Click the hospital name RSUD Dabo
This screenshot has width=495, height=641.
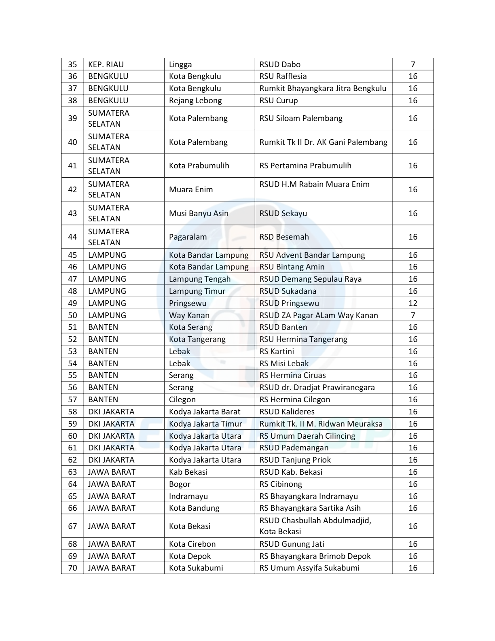coord(280,64)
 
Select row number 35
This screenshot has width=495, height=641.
coord(72,64)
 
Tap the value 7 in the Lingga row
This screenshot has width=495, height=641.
coord(412,64)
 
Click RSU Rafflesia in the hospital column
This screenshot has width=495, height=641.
coord(283,76)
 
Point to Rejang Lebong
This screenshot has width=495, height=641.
coord(195,100)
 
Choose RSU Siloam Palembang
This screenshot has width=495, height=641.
coord(301,118)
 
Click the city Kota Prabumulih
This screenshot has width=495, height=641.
coord(199,166)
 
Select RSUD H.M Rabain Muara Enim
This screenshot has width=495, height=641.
coord(314,184)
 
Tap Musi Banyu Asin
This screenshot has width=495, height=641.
coord(199,213)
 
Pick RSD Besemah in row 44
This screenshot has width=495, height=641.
coord(284,237)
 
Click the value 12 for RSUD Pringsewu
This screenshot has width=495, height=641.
coord(412,303)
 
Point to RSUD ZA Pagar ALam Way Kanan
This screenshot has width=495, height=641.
coord(319,315)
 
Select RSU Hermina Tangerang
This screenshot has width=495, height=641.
coord(303,339)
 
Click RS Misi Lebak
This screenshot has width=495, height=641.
coord(284,363)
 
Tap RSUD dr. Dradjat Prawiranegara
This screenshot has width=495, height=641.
coord(317,387)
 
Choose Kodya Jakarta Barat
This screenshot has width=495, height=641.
coord(205,412)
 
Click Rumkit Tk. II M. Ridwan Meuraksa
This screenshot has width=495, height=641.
coord(321,424)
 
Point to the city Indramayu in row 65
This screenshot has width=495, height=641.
coord(188,496)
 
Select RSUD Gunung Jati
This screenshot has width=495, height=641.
coord(292,544)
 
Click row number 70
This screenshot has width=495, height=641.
coord(72,568)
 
